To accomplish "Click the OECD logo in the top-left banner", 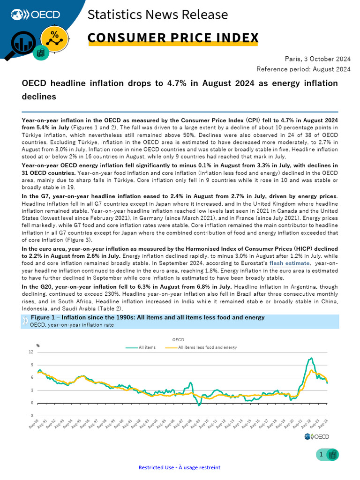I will pos(32,15).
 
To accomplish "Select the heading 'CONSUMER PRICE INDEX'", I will pos(173,37).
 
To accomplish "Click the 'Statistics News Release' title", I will pos(157,15).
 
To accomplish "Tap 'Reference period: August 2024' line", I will pos(303,69).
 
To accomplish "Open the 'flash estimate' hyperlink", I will pos(289,263).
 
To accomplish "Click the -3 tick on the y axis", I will pos(30,415).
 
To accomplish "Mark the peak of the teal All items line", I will pos(311,358).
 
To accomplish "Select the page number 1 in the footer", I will pos(321,454).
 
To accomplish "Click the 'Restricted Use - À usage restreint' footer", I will pos(180,467).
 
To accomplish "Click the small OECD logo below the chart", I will pos(316,437).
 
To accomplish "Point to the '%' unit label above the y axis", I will pos(38,346).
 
